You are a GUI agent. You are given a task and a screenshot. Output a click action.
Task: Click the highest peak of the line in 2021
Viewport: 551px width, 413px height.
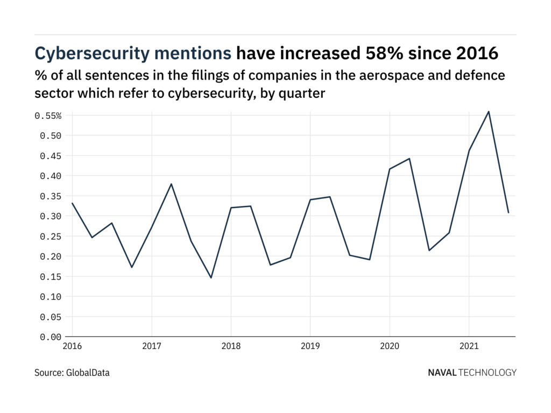pyautogui.click(x=489, y=111)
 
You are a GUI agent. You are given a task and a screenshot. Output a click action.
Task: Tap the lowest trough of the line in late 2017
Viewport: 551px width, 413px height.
pyautogui.click(x=211, y=278)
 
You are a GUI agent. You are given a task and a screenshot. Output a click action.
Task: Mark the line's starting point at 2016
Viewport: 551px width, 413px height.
pyautogui.click(x=72, y=203)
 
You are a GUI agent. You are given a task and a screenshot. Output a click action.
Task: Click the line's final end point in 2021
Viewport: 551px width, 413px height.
pyautogui.click(x=508, y=213)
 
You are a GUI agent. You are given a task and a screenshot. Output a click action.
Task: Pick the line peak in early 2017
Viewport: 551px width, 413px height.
pyautogui.click(x=171, y=184)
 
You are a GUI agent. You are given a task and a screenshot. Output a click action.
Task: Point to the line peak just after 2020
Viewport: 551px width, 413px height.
pyautogui.click(x=409, y=159)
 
